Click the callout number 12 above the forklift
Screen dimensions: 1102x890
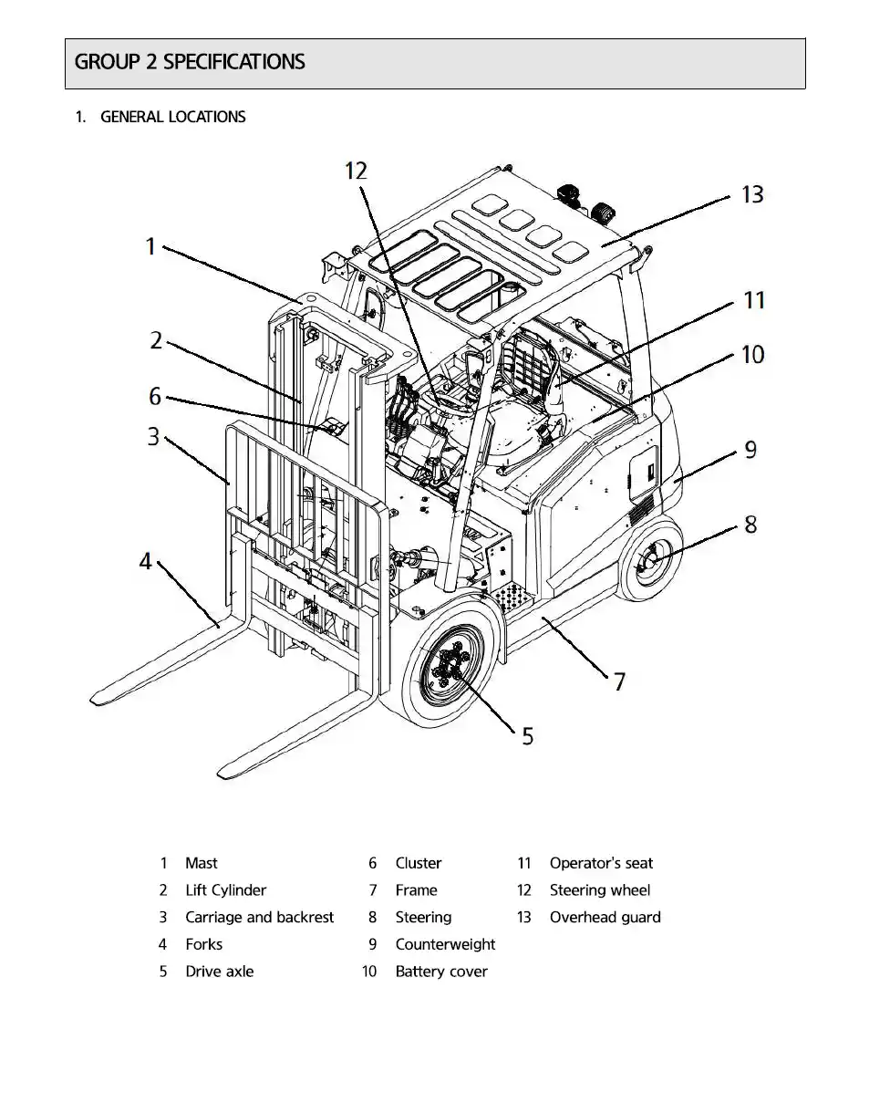point(356,171)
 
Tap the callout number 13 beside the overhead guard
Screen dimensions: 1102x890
point(752,194)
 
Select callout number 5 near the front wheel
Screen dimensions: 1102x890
point(527,735)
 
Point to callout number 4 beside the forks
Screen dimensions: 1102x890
point(146,561)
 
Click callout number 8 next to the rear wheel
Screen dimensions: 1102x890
point(750,525)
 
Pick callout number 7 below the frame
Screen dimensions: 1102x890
point(619,681)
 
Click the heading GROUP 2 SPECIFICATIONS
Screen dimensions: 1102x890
point(190,62)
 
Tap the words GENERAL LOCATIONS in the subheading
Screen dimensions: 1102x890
point(172,117)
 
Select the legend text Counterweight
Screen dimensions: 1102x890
point(445,944)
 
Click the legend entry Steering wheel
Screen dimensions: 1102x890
point(599,890)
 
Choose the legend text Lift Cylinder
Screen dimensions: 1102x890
point(225,890)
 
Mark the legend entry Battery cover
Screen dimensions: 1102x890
point(440,972)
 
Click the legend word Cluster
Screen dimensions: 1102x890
point(418,863)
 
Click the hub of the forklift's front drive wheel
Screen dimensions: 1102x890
point(450,671)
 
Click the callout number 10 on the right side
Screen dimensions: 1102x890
point(752,354)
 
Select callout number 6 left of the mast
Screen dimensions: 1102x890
point(155,397)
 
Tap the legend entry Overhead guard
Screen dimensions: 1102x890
point(605,918)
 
